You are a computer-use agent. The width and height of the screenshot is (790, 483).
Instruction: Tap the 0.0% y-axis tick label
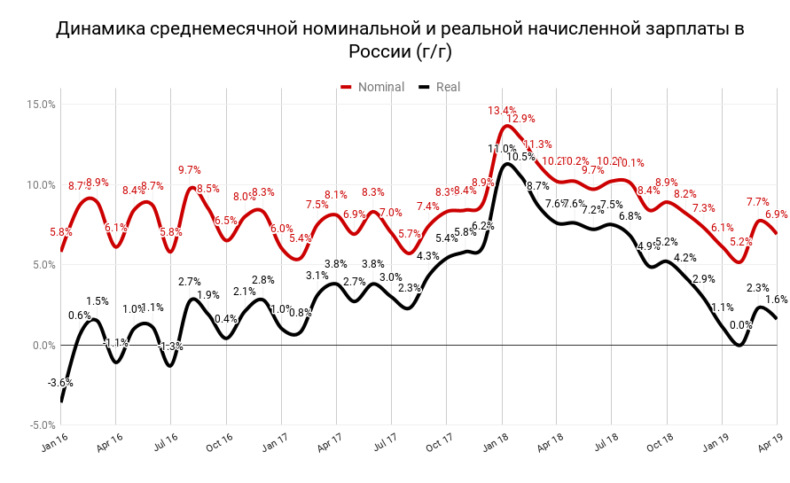pyautogui.click(x=43, y=346)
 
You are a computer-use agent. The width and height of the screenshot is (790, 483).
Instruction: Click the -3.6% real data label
pyautogui.click(x=60, y=383)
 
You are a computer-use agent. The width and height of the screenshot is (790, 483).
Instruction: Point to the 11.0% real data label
pyautogui.click(x=502, y=149)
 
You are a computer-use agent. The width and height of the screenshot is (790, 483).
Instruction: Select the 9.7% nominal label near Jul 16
pyautogui.click(x=190, y=170)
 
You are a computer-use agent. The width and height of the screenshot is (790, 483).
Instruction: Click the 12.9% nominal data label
pyautogui.click(x=520, y=119)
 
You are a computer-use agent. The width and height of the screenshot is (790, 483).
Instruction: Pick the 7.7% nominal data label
pyautogui.click(x=758, y=202)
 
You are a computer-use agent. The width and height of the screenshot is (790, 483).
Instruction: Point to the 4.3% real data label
pyautogui.click(x=428, y=256)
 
